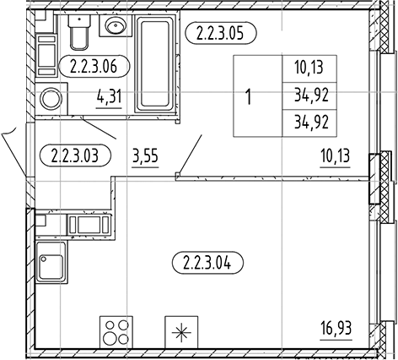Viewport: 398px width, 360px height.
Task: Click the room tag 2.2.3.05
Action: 221,33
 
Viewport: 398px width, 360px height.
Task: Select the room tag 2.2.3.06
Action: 94,66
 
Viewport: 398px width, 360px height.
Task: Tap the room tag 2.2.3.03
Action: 76,155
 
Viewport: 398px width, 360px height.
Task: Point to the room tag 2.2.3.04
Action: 207,263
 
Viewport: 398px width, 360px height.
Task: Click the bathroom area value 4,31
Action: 109,97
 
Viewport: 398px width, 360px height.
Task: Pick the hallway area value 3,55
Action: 145,156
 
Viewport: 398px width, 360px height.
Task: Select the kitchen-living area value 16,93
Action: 336,329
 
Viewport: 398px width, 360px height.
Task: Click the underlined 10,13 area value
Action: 336,156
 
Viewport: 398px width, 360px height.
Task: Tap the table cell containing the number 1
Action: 258,95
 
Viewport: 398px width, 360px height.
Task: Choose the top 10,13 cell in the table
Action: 309,68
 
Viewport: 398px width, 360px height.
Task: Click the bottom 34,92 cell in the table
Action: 309,123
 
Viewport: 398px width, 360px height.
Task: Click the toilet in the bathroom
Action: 79,31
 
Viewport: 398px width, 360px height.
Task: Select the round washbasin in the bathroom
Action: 116,25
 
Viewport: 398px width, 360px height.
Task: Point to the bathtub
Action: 155,63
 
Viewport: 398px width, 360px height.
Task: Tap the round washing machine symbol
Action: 51,99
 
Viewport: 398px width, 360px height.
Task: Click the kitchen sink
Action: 51,263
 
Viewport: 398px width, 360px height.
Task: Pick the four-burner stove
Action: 116,332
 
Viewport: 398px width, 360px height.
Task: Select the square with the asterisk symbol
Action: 181,332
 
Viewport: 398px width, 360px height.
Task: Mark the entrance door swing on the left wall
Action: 14,152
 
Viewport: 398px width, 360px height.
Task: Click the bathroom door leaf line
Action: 99,129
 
